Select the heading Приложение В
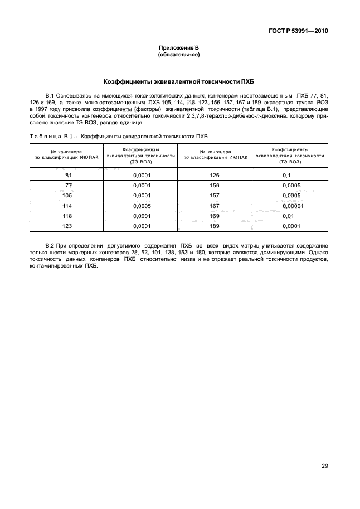click(x=179, y=49)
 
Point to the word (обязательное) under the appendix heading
click(x=179, y=55)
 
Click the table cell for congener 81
click(x=69, y=176)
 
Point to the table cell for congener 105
click(x=69, y=196)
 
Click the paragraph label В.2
click(x=50, y=246)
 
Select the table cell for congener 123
click(x=69, y=226)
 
